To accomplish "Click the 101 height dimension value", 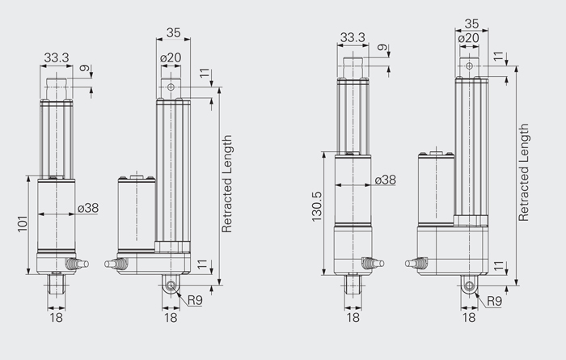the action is [23, 224].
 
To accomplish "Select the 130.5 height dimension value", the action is [317, 206].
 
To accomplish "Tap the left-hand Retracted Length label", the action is [226, 184].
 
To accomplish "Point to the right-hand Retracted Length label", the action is [523, 172].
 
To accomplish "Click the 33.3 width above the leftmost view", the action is [57, 57].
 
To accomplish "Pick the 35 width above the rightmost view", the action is [471, 23].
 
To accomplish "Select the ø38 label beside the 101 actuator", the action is [88, 208].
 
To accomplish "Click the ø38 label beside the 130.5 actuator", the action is [386, 180].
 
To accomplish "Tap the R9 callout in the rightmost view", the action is [494, 301].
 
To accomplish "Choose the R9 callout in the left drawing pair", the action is [195, 300].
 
